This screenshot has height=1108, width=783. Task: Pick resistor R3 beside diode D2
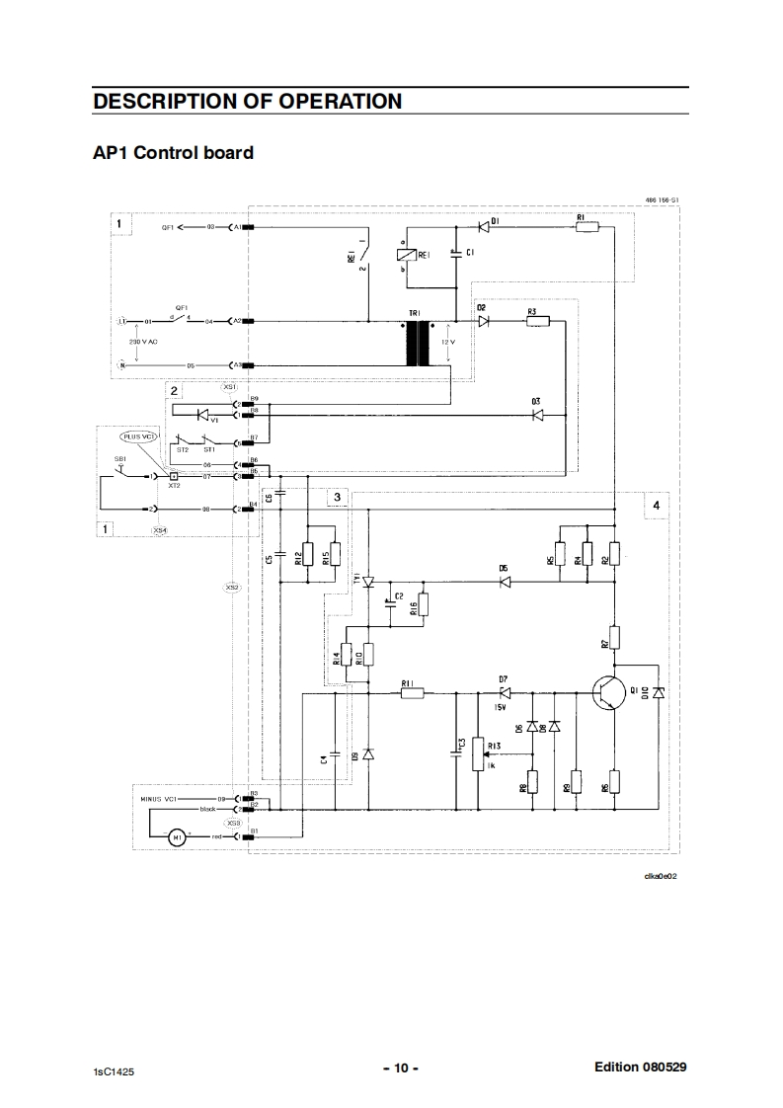pos(537,321)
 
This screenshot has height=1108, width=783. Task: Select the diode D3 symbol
pos(537,416)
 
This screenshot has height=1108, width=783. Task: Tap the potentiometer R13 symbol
pos(480,753)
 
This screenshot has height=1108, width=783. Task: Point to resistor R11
pos(413,693)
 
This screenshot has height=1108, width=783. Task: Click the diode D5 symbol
pos(504,582)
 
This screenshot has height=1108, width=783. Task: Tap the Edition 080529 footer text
pos(640,1067)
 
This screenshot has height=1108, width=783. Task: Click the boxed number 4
pos(655,506)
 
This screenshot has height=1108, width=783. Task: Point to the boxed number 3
pos(337,497)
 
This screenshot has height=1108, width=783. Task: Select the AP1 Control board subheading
pos(173,153)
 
